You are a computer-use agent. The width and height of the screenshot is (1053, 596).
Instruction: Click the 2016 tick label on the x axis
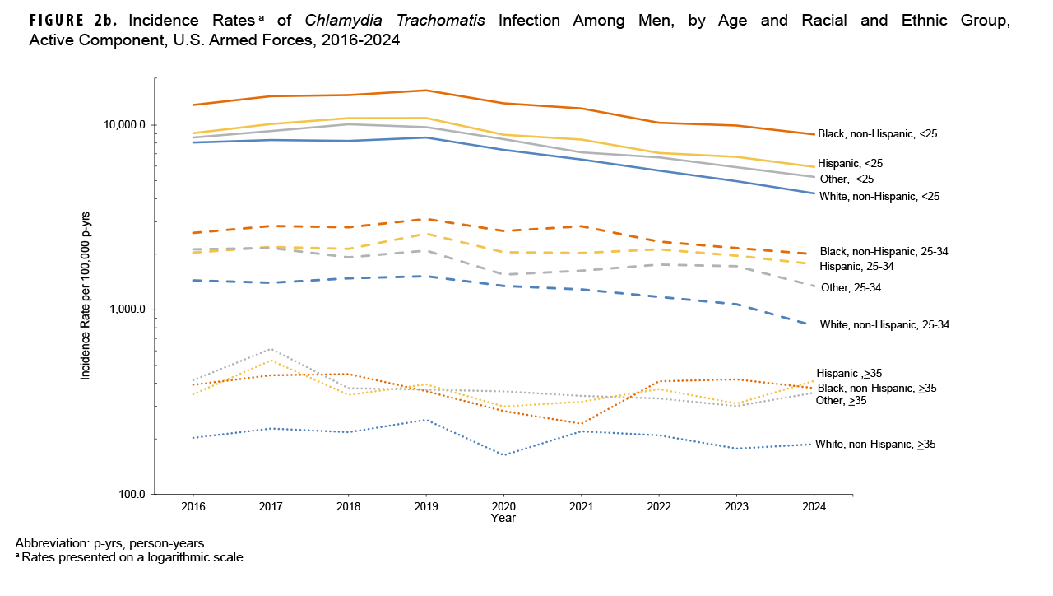[x=193, y=507]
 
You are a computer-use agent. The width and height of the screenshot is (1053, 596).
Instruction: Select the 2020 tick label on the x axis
[x=503, y=507]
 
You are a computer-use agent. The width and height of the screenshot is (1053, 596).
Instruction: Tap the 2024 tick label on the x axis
[x=814, y=507]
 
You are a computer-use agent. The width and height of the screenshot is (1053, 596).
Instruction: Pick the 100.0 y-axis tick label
[x=131, y=494]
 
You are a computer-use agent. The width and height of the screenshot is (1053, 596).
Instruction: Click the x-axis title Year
[x=503, y=519]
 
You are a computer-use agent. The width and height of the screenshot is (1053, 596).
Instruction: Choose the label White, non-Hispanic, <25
[x=879, y=196]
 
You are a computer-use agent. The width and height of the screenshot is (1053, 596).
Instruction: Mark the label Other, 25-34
[x=856, y=287]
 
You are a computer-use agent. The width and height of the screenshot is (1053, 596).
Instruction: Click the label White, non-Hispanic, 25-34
[x=884, y=324]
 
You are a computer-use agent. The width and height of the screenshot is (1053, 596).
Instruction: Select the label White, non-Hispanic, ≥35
[x=874, y=444]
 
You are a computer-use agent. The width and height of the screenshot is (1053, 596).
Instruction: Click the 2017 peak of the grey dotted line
[x=271, y=349]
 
